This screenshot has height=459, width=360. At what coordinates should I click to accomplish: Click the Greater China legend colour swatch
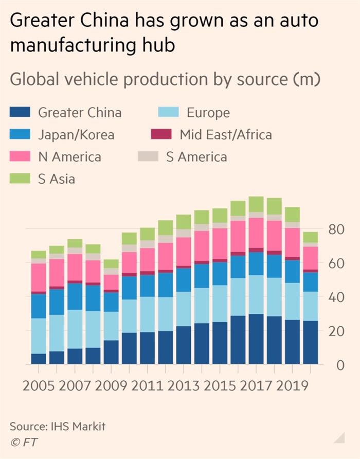pyautogui.click(x=21, y=113)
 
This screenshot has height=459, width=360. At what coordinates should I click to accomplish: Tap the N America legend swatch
pyautogui.click(x=21, y=157)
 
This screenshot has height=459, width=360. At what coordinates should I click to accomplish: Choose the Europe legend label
pyautogui.click(x=208, y=113)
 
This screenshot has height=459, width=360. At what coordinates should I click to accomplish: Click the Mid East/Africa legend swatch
pyautogui.click(x=160, y=135)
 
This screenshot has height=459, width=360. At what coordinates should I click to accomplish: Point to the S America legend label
pyautogui.click(x=196, y=157)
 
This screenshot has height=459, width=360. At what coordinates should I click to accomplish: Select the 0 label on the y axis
pyautogui.click(x=339, y=365)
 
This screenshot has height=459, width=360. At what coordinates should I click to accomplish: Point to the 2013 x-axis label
pyautogui.click(x=184, y=385)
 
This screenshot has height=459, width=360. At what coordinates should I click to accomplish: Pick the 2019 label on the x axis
pyautogui.click(x=293, y=385)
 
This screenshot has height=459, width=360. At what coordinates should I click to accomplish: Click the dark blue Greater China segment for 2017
pyautogui.click(x=256, y=339)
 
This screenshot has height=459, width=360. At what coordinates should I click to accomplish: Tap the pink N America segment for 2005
pyautogui.click(x=39, y=278)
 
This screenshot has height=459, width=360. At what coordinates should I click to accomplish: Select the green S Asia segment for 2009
pyautogui.click(x=111, y=263)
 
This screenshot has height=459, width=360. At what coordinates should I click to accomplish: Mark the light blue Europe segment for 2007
pyautogui.click(x=75, y=329)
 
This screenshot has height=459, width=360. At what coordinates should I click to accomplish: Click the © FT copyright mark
pyautogui.click(x=24, y=442)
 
